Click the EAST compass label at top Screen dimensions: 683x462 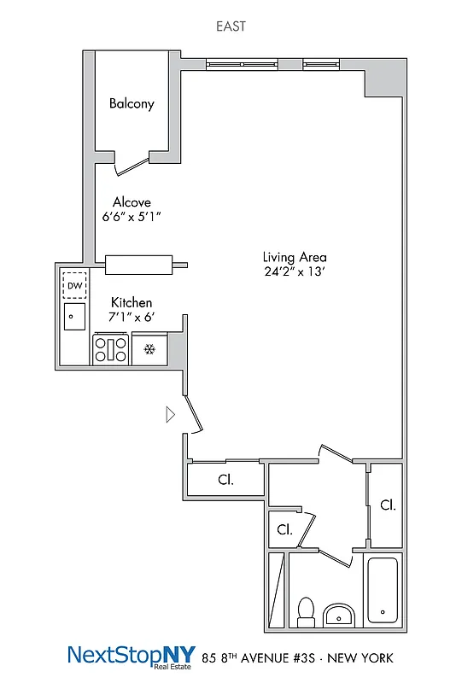pos(231,26)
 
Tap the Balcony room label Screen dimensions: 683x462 pos(132,104)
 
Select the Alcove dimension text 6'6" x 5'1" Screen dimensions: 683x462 pos(132,218)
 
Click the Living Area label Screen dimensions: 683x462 pos(295,257)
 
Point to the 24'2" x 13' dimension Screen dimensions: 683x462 pos(295,272)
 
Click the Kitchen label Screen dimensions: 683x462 pos(132,302)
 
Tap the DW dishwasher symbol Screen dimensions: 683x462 pos(75,285)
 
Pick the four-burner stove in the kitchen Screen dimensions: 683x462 pos(110,350)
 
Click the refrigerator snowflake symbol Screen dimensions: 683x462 pos(149,349)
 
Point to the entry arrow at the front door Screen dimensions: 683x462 pos(170,414)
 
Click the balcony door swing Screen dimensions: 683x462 pos(132,162)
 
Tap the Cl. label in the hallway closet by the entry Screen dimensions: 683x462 pos(225,480)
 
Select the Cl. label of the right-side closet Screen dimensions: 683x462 pos(387,505)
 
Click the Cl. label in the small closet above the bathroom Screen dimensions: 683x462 pos(284,529)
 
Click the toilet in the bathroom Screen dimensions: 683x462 pos(305,610)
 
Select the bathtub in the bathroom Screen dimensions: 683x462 pos(383,590)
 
